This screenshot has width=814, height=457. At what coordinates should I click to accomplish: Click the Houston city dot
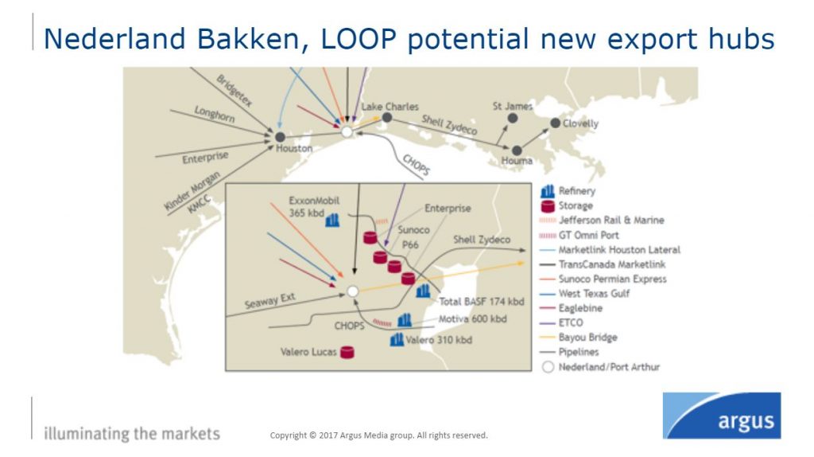click(280, 137)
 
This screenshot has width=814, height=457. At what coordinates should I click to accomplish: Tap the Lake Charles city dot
click(386, 117)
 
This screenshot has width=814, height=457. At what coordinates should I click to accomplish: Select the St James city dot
click(513, 118)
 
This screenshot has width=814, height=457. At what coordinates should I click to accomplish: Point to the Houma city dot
click(517, 150)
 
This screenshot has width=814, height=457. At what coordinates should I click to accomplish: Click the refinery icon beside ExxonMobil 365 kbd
click(332, 220)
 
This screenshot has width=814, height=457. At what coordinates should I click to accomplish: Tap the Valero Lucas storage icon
click(347, 351)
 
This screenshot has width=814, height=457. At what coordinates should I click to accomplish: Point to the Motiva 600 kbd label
click(472, 319)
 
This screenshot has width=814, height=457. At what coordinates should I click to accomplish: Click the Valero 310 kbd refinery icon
click(397, 340)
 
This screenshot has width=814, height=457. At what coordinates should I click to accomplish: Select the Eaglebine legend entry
click(581, 307)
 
